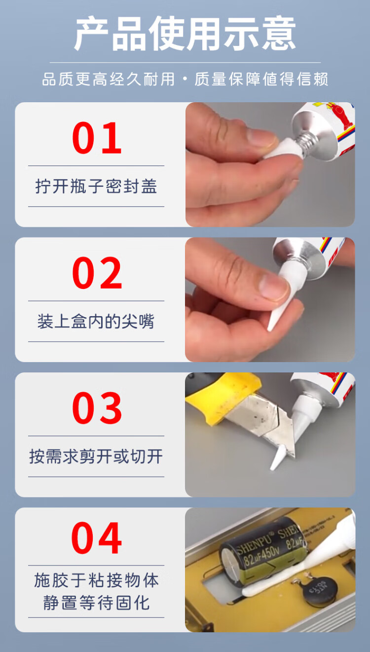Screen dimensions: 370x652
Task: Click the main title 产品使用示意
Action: [x=185, y=34]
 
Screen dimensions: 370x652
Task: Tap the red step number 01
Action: [x=97, y=138]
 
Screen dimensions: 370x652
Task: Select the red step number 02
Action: [x=97, y=273]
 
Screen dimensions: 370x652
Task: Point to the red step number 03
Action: [x=97, y=408]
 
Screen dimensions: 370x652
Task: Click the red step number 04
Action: [x=96, y=538]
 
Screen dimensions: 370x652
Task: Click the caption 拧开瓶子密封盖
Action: [x=96, y=186]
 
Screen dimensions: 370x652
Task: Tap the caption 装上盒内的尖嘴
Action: [x=96, y=322]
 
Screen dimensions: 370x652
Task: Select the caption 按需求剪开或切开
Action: [x=96, y=456]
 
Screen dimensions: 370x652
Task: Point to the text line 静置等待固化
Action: [x=97, y=603]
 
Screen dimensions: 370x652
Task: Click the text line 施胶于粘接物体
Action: [x=97, y=580]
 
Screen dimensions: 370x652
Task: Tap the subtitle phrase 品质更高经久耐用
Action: [x=109, y=79]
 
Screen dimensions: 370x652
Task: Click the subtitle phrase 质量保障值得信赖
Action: [x=261, y=79]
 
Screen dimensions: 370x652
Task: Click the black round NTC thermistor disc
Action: [x=320, y=590]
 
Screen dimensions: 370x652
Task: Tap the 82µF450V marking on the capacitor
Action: [x=261, y=554]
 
